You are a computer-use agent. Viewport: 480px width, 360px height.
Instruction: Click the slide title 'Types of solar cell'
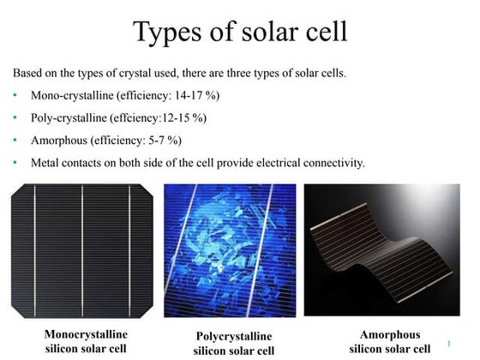click(x=240, y=32)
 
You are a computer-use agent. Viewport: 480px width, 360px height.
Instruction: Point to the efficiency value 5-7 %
click(x=162, y=139)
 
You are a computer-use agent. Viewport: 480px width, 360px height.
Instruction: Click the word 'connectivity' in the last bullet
click(x=334, y=161)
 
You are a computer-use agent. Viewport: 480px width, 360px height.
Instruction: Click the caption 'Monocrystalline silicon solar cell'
click(x=85, y=340)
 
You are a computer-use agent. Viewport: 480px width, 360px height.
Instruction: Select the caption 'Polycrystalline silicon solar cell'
click(x=233, y=343)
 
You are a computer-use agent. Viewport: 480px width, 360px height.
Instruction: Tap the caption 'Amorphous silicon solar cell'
click(x=383, y=340)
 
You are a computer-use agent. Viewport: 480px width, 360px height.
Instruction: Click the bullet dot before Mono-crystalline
click(x=17, y=94)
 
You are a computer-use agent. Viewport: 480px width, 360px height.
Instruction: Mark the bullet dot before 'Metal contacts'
click(x=17, y=161)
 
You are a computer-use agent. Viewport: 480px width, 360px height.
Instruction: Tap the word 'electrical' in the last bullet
click(x=277, y=161)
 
